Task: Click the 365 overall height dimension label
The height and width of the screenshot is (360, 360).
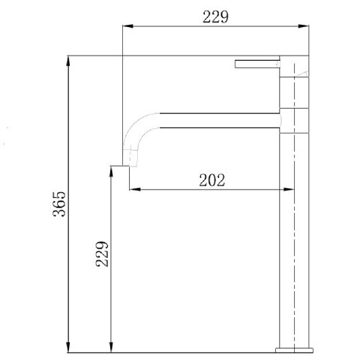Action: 59,204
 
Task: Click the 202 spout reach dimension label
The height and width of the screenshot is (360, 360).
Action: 212,180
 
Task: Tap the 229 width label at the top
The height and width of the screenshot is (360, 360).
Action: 215,16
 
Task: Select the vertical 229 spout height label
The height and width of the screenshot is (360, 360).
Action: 102,254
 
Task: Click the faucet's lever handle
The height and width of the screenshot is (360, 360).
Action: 257,64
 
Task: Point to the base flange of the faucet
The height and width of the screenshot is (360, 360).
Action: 294,350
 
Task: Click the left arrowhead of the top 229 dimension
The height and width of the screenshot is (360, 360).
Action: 127,26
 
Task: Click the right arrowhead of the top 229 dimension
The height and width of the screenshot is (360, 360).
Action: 304,26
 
